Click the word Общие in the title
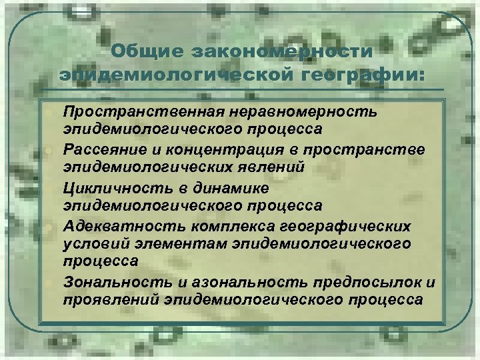coord(145,51)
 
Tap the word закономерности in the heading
coord(281,51)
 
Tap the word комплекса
coord(224,226)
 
